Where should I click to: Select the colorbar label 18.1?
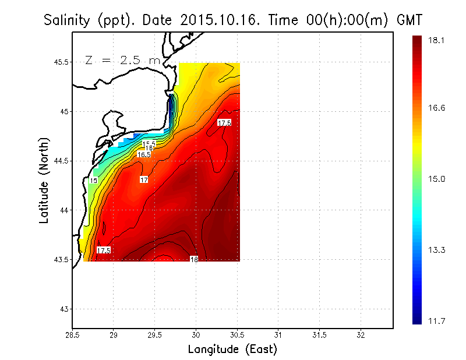[436, 40]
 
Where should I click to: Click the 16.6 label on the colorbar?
[436, 108]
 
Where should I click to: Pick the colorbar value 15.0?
[436, 179]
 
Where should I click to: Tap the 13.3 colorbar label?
[436, 250]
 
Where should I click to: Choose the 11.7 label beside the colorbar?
[436, 320]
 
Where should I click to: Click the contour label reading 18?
[194, 259]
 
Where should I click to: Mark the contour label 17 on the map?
[144, 180]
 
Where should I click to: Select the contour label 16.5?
[144, 154]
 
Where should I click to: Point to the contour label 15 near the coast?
[93, 181]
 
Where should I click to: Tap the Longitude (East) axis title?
[232, 350]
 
